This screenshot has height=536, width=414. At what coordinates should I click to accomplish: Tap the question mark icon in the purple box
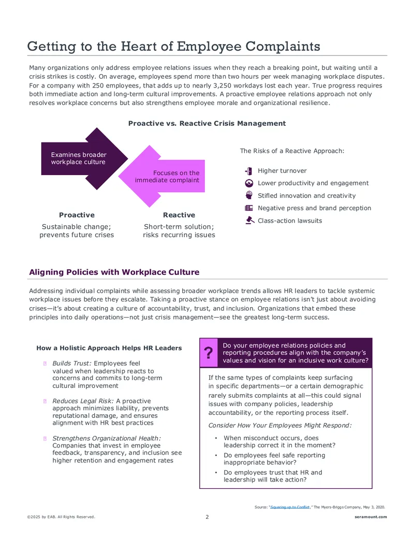tap(209, 353)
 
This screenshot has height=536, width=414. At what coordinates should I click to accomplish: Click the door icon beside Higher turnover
tap(249, 171)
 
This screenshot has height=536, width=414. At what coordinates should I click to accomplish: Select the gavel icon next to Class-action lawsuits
tap(250, 221)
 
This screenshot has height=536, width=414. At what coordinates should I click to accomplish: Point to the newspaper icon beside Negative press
tap(249, 208)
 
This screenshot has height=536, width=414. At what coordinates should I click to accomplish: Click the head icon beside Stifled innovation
tap(249, 195)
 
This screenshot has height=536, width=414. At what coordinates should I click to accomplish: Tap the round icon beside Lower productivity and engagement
tap(249, 183)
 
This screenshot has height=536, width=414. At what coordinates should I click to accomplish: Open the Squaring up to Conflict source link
tap(290, 507)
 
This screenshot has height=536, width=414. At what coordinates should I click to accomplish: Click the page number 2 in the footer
tap(207, 517)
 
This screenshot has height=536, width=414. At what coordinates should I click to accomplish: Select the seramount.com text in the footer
tap(371, 517)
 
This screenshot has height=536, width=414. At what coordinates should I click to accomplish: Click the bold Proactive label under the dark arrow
tap(77, 215)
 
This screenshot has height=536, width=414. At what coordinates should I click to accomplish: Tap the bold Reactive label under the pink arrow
tap(179, 215)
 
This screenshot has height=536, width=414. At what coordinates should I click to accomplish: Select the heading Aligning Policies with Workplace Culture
tap(114, 272)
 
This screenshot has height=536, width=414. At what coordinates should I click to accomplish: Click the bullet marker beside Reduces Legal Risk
tap(45, 401)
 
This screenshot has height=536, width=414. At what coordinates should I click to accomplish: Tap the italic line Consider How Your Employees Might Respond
tap(280, 425)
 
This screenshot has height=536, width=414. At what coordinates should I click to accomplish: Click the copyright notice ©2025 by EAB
tap(61, 517)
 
